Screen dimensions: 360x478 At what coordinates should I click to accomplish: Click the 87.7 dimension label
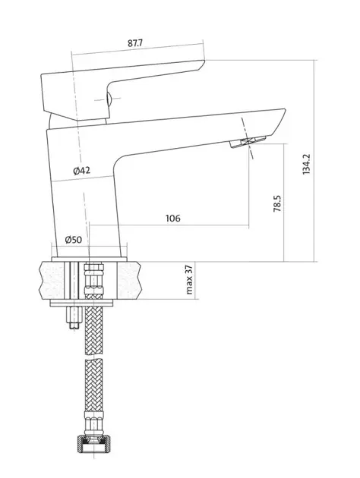pos(135,43)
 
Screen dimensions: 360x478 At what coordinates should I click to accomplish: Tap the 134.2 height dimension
pos(306,164)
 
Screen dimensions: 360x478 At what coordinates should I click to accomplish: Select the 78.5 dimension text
pos(277,203)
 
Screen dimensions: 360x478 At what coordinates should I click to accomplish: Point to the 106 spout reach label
pos(173,219)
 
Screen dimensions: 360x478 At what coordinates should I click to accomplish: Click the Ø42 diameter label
pos(82,171)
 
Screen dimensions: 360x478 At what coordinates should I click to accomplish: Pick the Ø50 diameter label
pos(73,240)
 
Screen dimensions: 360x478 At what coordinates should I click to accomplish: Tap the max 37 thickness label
pos(189,280)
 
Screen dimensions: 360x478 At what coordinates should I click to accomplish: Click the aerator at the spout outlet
pos(248,142)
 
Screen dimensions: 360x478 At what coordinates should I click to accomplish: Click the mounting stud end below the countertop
pos(75,318)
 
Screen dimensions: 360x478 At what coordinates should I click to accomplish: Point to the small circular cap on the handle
pos(109,99)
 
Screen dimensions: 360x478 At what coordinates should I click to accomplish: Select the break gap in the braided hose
pos(93,357)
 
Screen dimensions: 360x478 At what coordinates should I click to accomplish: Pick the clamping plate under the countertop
pos(81,303)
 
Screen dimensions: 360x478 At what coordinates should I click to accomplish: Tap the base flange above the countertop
pos(89,259)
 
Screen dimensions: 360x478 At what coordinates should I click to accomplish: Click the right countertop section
pos(130,281)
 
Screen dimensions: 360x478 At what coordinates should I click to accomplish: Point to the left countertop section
pos(52,281)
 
